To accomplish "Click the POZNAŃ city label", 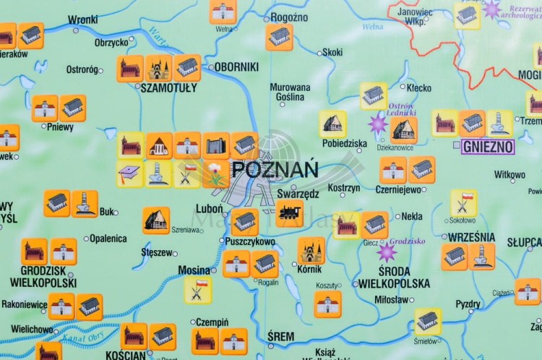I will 275,171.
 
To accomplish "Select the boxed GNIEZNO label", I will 488,147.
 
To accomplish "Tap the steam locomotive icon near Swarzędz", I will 288,213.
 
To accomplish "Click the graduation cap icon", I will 130,173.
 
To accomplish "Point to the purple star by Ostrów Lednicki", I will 378,124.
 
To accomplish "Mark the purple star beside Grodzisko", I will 387,252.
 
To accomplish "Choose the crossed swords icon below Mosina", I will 197,289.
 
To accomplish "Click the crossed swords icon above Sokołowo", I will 463,202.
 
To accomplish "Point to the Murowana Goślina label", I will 290,92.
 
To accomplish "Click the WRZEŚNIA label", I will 471,237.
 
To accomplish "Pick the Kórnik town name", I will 309,269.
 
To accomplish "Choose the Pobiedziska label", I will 345,143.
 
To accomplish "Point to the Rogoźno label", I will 289,17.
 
